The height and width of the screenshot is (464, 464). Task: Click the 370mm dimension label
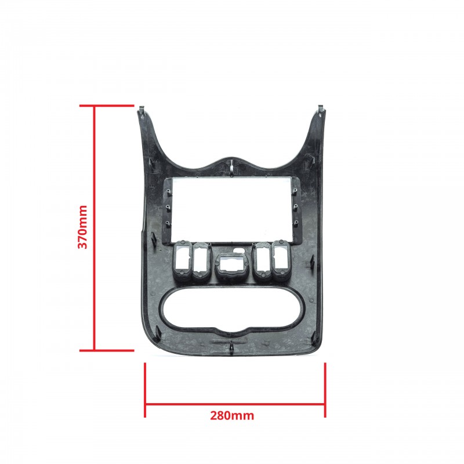click(82, 227)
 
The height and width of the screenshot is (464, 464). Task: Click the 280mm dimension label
click(232, 415)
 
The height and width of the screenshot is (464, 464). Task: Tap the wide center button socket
click(231, 265)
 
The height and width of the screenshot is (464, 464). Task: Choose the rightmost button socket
click(280, 259)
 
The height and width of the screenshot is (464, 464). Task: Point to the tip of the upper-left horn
click(142, 106)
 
